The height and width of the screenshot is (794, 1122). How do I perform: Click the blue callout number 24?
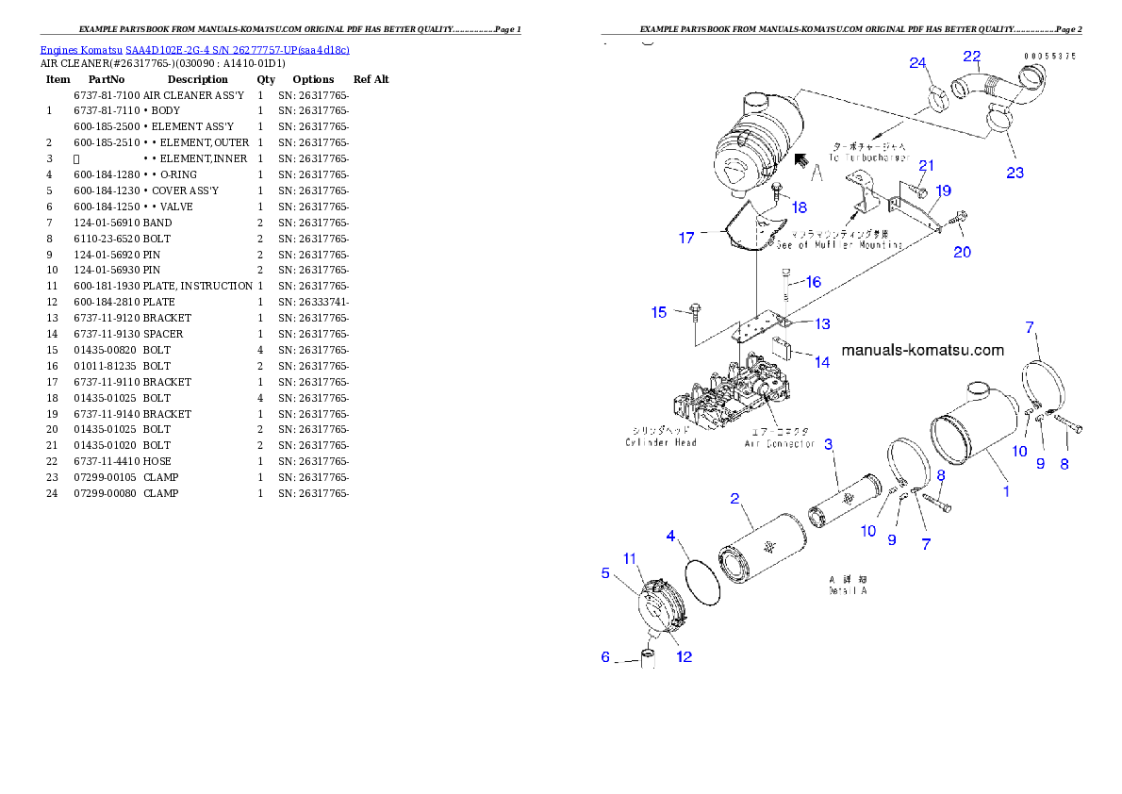918,63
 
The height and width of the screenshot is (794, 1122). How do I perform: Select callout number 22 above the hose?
972,56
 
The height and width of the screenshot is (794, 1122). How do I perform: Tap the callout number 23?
1015,173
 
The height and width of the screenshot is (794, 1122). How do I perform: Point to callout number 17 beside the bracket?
686,239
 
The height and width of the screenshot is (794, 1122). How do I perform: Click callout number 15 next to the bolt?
659,313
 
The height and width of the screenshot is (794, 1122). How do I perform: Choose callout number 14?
822,362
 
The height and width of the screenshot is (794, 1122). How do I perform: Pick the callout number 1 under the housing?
1006,490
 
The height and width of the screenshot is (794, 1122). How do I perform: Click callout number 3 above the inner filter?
829,443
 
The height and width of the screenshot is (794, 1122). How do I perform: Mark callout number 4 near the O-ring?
671,537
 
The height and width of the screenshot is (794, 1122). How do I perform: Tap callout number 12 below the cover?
685,656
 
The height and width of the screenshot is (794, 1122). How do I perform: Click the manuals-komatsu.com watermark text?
921,350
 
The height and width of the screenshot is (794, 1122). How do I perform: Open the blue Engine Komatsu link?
194,50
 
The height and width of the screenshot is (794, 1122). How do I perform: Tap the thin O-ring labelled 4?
701,583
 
